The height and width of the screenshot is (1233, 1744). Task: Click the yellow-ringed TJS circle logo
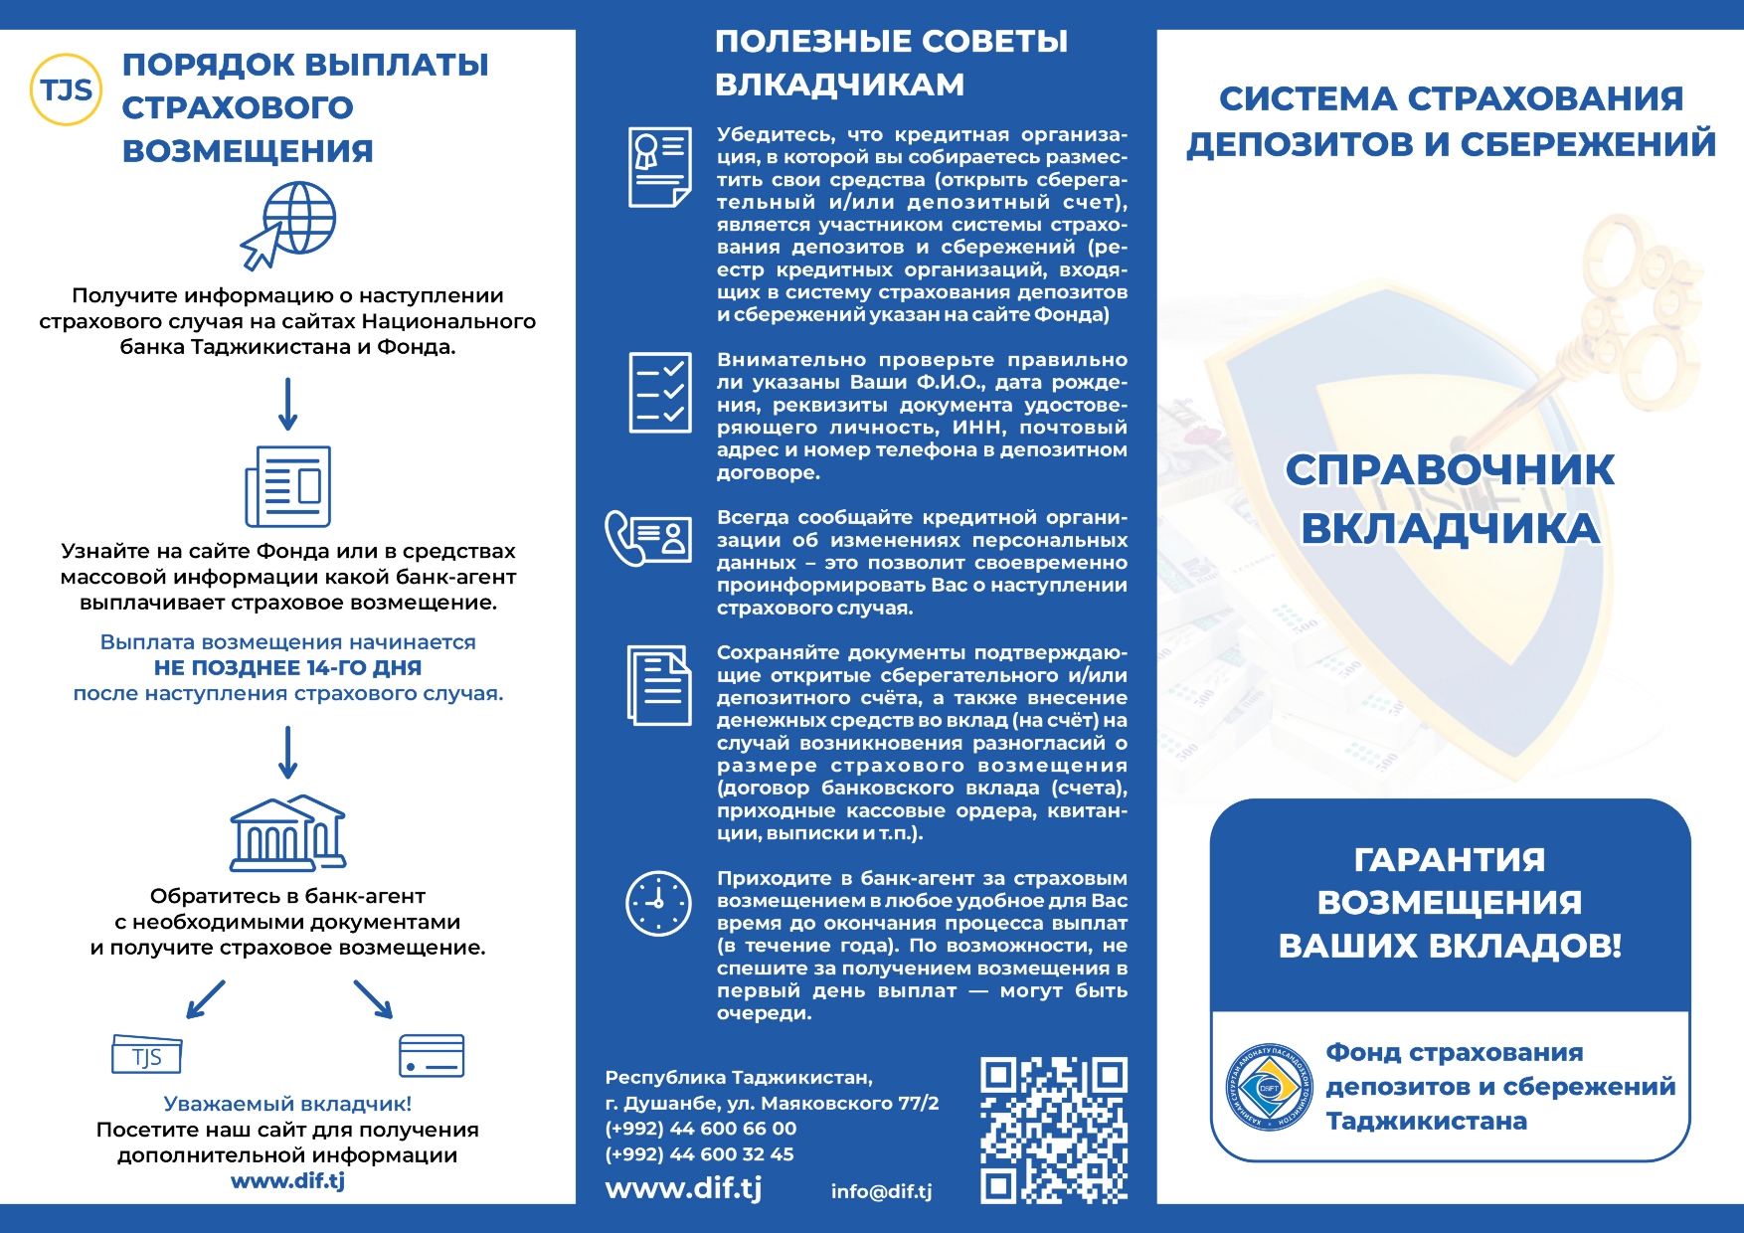[x=66, y=89]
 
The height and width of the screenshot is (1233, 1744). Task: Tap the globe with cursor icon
[x=289, y=225]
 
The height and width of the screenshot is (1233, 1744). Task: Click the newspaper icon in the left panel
[x=288, y=486]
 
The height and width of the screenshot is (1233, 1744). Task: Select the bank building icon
[x=288, y=832]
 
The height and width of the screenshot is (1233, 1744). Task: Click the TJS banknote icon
[x=147, y=1055]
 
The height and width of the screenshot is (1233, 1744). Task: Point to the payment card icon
[x=431, y=1056]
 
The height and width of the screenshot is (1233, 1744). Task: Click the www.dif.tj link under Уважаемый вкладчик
[x=287, y=1181]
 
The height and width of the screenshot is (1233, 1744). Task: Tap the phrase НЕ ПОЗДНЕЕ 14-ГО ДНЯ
[x=287, y=668]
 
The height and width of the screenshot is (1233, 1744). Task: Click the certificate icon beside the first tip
[x=659, y=167]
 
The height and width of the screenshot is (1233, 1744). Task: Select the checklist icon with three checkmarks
[x=660, y=393]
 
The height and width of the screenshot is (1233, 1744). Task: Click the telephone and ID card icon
[x=648, y=538]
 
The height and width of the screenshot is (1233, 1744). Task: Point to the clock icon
[x=658, y=903]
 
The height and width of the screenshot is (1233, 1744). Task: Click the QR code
[x=1054, y=1131]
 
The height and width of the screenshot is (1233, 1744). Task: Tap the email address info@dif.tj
[x=881, y=1191]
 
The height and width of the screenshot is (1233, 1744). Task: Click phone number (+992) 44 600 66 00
[x=700, y=1129]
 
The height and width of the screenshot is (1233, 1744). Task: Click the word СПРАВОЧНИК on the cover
[x=1450, y=470]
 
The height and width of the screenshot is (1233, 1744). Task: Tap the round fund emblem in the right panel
[x=1269, y=1088]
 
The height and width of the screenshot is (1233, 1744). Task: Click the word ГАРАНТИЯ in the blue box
[x=1450, y=860]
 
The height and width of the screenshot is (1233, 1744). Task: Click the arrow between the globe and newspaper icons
[x=288, y=404]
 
